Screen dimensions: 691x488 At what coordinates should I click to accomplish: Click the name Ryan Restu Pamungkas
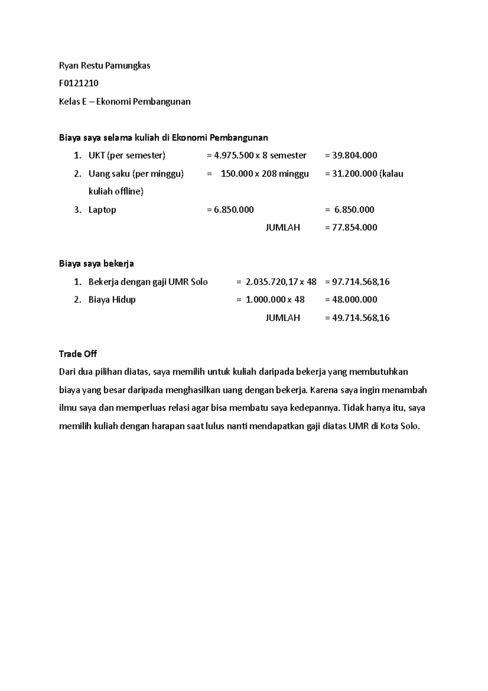click(x=105, y=66)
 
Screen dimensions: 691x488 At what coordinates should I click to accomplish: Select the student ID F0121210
click(x=78, y=83)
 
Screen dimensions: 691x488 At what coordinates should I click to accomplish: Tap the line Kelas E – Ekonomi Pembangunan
click(x=124, y=102)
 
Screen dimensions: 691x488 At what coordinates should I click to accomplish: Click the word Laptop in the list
click(x=102, y=210)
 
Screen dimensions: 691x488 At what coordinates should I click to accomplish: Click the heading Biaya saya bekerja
click(x=96, y=264)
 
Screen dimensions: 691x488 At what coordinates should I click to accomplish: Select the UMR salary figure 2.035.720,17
click(x=272, y=282)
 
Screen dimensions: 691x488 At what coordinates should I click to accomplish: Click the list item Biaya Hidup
click(x=112, y=300)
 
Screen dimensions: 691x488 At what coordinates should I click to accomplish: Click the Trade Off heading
click(x=78, y=354)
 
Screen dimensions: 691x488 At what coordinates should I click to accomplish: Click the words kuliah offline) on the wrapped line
click(x=116, y=192)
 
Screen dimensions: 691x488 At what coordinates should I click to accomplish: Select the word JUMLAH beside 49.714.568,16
click(x=283, y=318)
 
